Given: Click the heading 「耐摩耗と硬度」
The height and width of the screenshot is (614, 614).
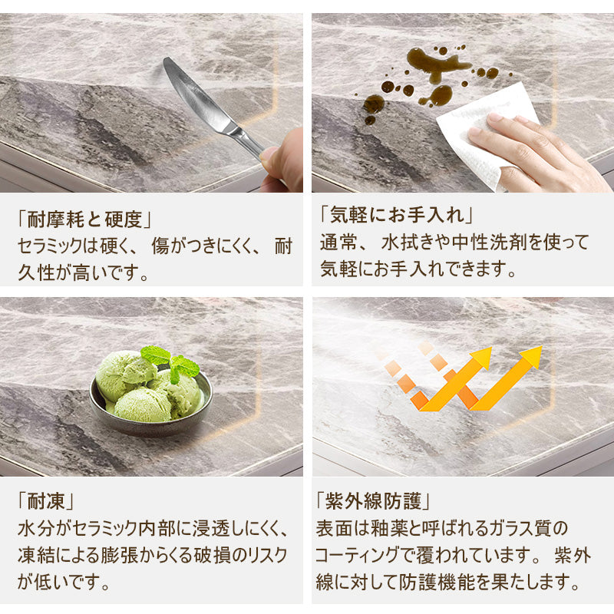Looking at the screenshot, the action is coord(84,219).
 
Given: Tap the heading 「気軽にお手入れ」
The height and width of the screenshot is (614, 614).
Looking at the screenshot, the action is coord(396,214).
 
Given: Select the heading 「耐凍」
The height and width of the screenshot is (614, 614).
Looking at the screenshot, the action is coord(46,501).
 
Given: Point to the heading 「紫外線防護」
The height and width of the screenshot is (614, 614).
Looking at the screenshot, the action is coord(373,501).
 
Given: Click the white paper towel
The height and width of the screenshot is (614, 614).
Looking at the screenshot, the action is coord(486,133).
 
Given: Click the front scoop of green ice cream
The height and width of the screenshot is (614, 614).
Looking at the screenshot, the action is coord(144,405).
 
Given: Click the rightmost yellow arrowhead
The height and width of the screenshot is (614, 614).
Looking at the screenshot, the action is coord(531,355).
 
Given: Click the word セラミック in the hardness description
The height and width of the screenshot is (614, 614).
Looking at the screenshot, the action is coord(50,246).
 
